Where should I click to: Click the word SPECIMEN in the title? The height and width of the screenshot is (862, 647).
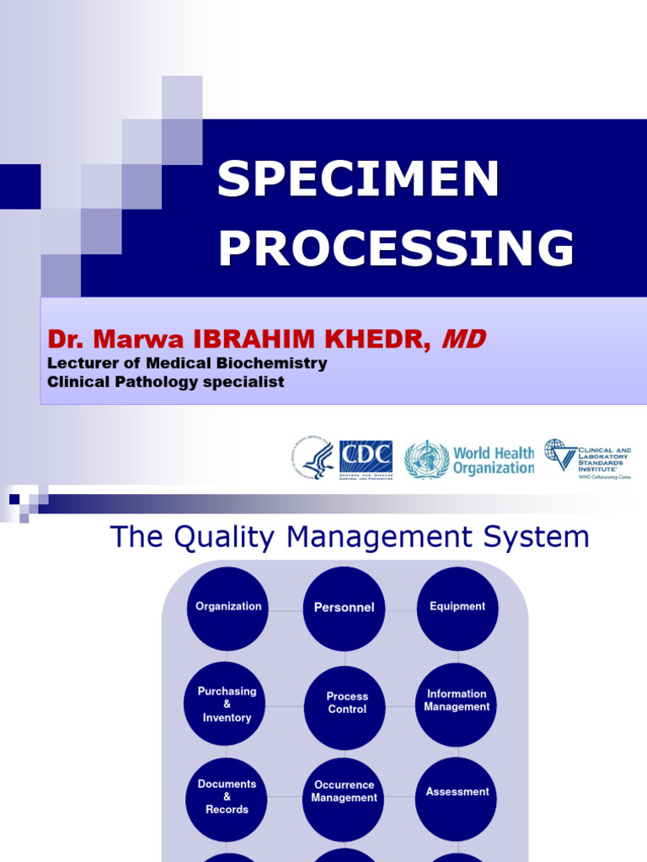click(x=358, y=178)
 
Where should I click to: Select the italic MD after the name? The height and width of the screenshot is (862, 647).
click(x=463, y=339)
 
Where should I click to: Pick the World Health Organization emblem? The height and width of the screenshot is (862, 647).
click(x=426, y=460)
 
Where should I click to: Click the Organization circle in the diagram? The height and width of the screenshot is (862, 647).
click(x=227, y=607)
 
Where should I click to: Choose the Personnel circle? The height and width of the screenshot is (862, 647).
click(x=344, y=608)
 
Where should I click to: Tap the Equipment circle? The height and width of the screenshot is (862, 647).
click(x=457, y=607)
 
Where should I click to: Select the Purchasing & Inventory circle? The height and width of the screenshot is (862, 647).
click(x=227, y=705)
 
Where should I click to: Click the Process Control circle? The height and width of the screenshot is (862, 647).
click(x=346, y=704)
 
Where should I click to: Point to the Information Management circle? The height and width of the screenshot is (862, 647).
click(x=457, y=701)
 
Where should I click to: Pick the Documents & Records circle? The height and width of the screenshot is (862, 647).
click(x=227, y=796)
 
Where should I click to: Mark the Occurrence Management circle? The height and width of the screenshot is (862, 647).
click(x=344, y=792)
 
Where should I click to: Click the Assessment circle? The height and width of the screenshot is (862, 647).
click(x=457, y=792)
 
